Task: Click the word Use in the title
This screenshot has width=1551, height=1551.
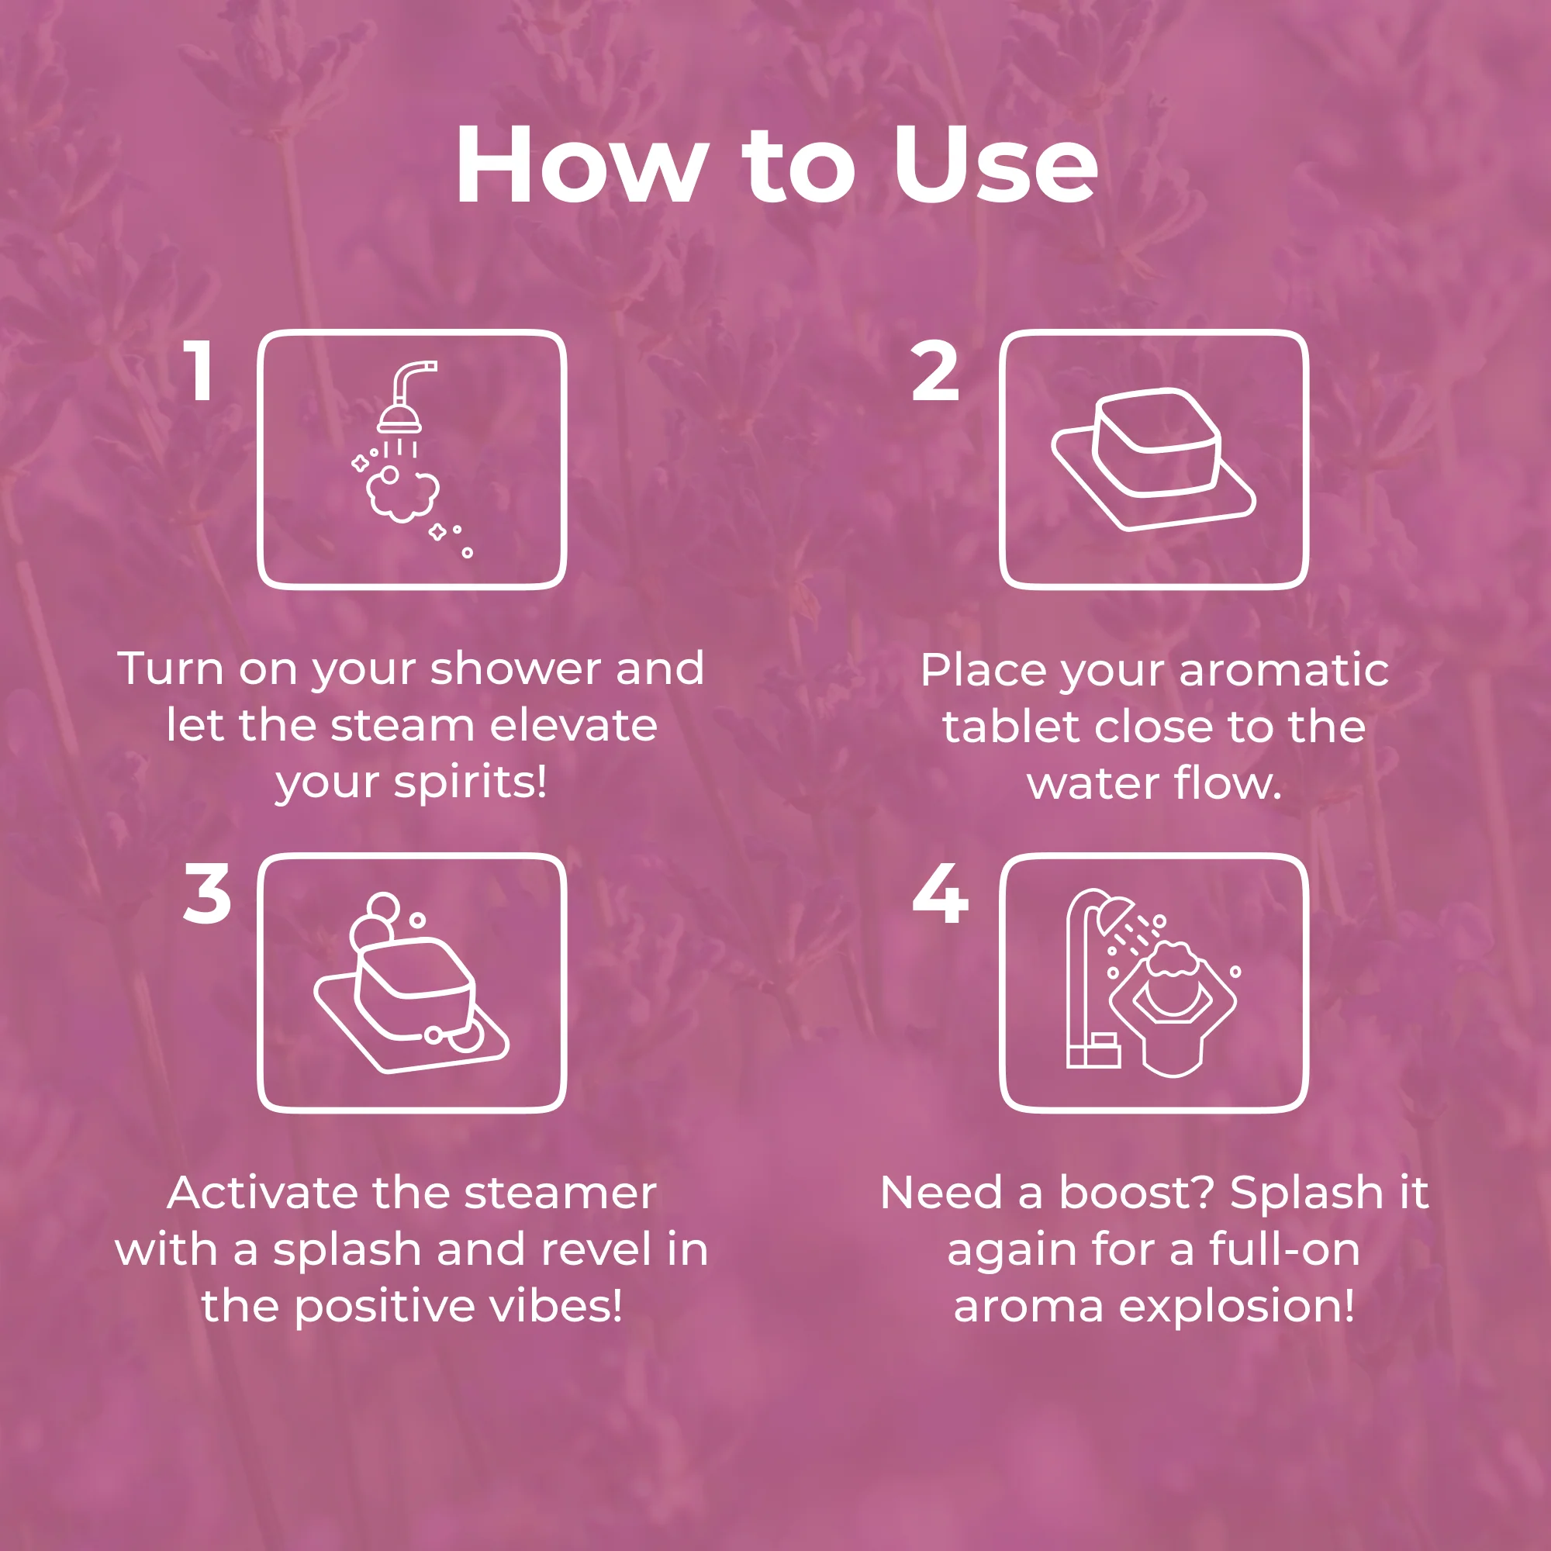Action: pyautogui.click(x=997, y=165)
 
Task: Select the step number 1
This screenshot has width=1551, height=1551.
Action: pyautogui.click(x=199, y=370)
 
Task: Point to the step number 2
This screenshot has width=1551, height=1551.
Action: pyautogui.click(x=935, y=370)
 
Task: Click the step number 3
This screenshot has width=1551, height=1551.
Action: pyautogui.click(x=206, y=893)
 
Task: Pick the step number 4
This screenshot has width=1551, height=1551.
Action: pyautogui.click(x=940, y=893)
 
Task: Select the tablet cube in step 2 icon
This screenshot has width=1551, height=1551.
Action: pyautogui.click(x=1157, y=442)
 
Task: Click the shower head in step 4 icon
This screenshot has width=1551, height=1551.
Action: pyautogui.click(x=1117, y=914)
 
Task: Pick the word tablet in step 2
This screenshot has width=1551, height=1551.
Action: pyautogui.click(x=1013, y=727)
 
